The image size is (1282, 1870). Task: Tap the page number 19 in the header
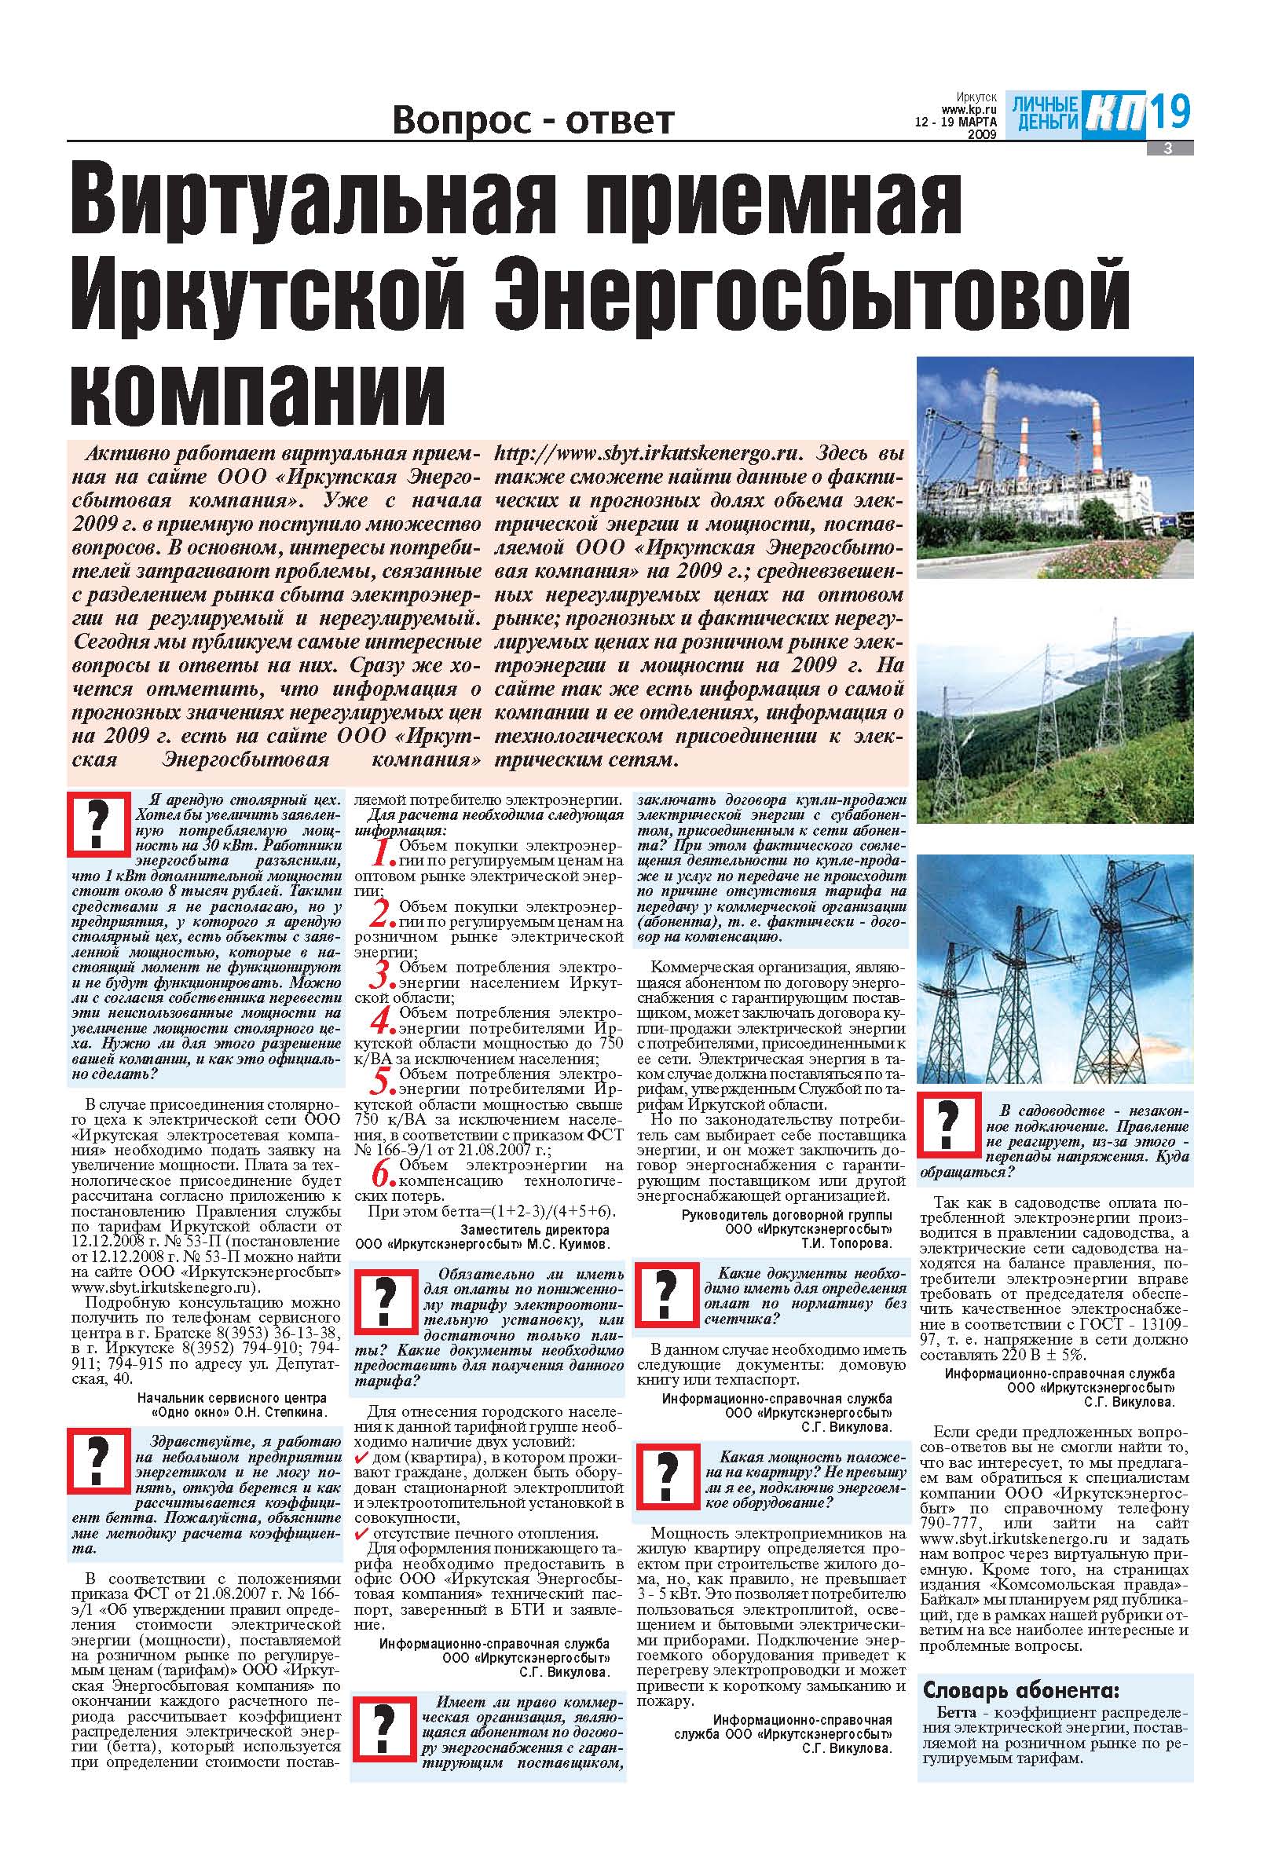1169,112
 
